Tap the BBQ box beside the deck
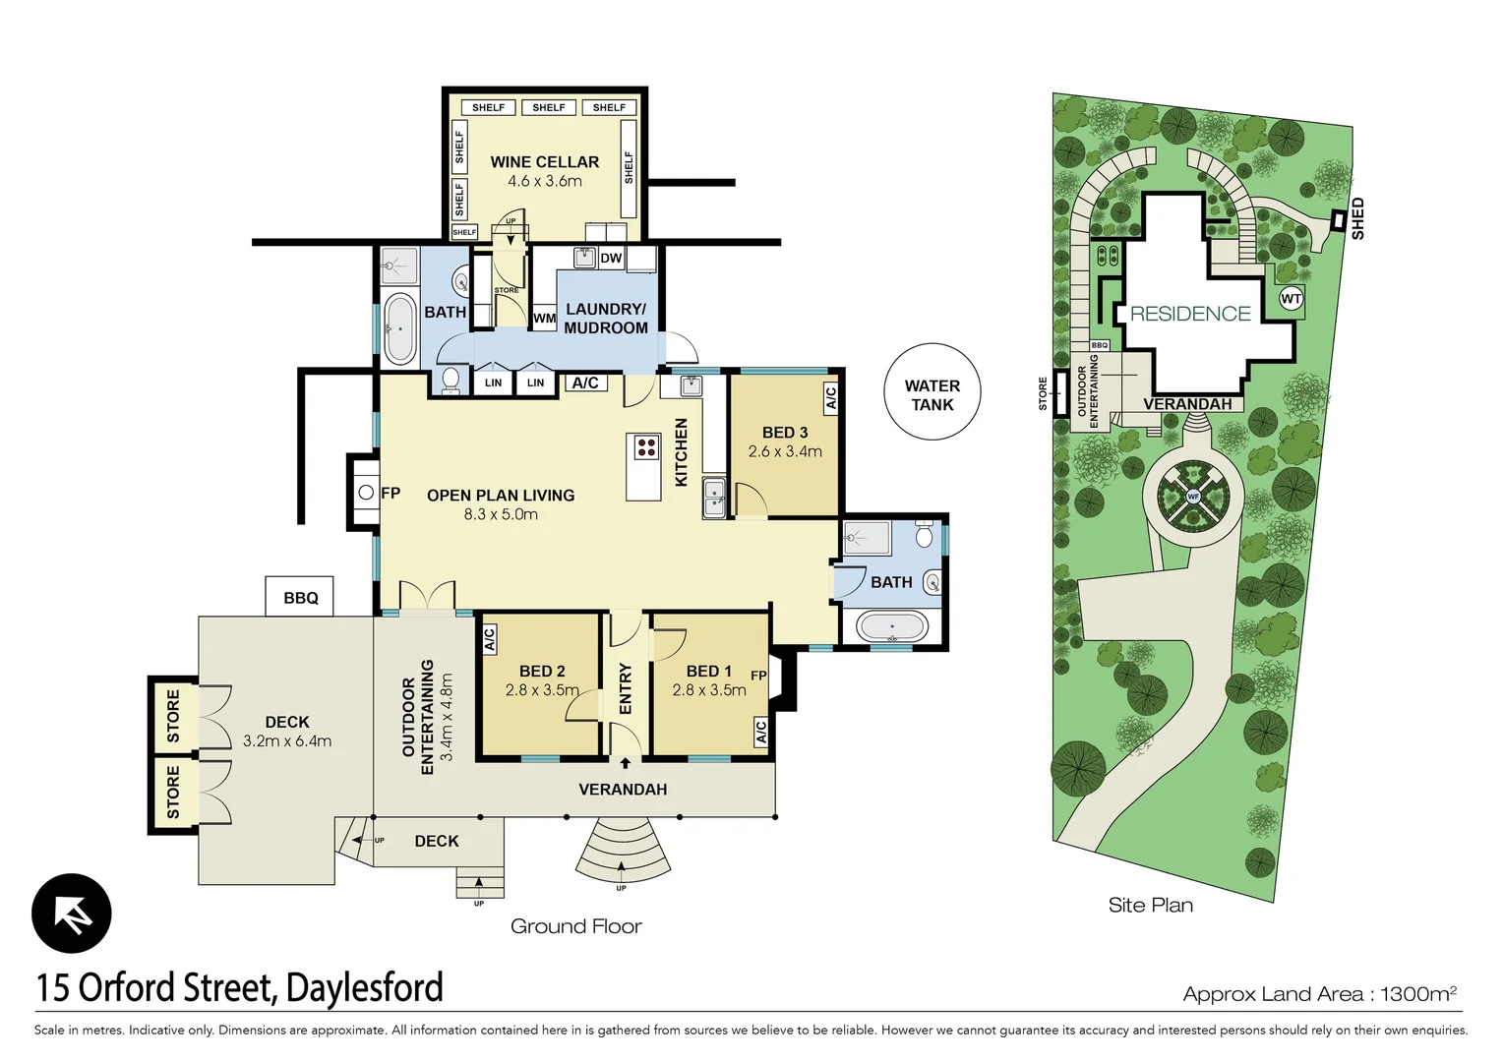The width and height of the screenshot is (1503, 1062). coord(300,598)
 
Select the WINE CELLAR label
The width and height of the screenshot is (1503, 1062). coord(544,162)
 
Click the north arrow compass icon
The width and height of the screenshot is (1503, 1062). coord(72,914)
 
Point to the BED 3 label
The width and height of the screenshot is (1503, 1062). coord(784,433)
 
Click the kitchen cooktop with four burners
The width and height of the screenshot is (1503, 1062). coord(645,447)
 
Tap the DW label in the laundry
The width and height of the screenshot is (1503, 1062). coord(611,259)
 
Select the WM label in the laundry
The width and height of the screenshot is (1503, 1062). coord(544,319)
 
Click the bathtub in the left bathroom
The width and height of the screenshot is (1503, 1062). coord(399,327)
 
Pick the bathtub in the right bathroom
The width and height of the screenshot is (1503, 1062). coord(891,626)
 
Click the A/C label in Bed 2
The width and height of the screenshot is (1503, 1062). coord(489,640)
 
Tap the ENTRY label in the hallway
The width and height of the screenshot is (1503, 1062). coord(626,688)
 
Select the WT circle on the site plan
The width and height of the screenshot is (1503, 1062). coord(1291,299)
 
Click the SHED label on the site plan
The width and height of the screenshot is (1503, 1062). coord(1357,218)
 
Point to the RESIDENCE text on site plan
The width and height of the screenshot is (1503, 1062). coord(1189,314)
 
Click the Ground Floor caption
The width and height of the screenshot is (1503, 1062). coord(575,926)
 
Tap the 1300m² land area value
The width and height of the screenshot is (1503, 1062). coord(1417,993)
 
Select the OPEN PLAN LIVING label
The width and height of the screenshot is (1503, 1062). coord(500,496)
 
